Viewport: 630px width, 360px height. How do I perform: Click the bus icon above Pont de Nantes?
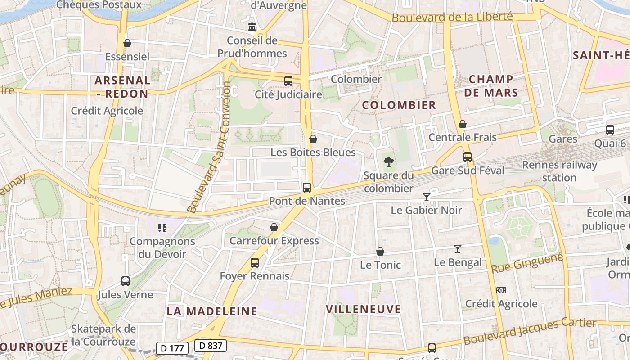(x=307, y=188)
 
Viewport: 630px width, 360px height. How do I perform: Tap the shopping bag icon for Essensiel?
(x=127, y=43)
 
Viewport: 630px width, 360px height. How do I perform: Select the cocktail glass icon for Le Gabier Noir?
(x=426, y=197)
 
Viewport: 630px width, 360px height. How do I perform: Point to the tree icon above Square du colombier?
(x=388, y=162)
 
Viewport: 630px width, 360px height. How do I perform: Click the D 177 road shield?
(x=172, y=348)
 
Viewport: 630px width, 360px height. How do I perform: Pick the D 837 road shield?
(x=210, y=346)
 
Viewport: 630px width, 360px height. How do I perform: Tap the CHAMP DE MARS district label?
(x=490, y=86)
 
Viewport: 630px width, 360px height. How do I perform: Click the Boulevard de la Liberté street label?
(x=452, y=17)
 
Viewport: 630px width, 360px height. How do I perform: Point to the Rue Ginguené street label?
(x=527, y=263)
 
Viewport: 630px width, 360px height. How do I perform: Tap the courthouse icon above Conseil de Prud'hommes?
(x=252, y=27)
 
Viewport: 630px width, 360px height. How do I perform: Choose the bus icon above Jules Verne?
(x=126, y=281)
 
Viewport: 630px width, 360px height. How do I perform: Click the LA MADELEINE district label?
(x=212, y=311)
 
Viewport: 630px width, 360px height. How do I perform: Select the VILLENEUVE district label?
(x=363, y=309)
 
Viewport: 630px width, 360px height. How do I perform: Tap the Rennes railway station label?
(x=559, y=171)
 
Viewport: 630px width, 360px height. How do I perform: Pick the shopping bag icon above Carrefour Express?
(x=274, y=227)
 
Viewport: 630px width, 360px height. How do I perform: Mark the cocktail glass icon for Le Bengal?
(x=458, y=248)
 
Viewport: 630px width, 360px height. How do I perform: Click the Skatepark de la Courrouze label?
(x=103, y=335)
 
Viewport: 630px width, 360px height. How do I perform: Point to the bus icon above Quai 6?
(x=610, y=130)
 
